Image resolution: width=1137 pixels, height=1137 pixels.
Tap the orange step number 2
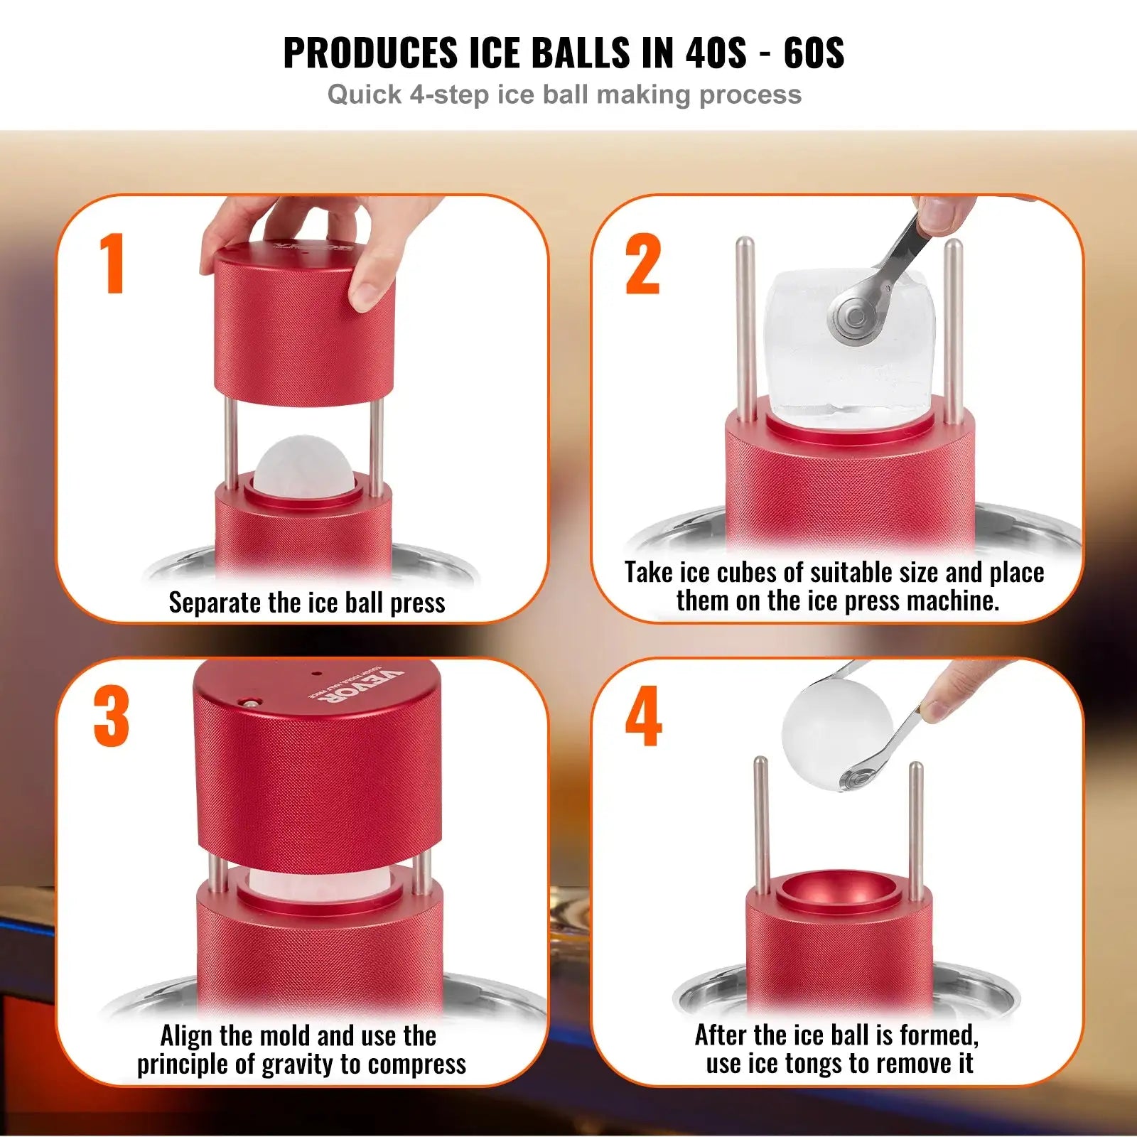[642, 264]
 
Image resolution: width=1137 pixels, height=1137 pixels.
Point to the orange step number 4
[643, 716]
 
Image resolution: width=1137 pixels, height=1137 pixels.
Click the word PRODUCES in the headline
[371, 53]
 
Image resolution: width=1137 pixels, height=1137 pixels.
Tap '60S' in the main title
[814, 53]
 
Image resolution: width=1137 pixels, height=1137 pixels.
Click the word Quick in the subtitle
[364, 95]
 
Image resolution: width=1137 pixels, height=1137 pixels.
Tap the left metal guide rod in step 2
[745, 327]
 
